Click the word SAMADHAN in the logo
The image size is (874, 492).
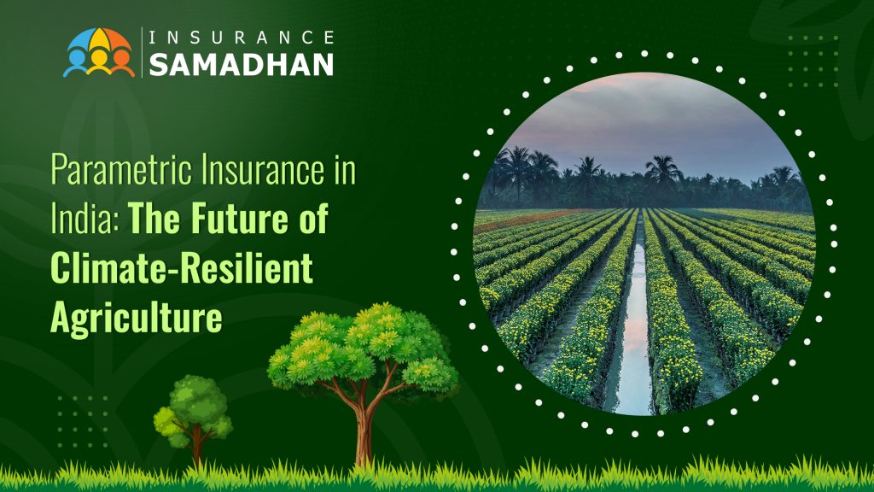242,65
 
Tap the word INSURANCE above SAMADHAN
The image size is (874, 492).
242,38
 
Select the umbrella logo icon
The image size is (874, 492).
99,52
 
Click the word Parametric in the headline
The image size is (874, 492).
121,170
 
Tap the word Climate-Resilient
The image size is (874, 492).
182,267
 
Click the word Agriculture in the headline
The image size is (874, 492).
137,318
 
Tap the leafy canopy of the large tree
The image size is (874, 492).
362,346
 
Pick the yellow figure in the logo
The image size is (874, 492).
99,61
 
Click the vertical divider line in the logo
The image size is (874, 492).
142,52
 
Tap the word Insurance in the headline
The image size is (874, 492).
263,170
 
